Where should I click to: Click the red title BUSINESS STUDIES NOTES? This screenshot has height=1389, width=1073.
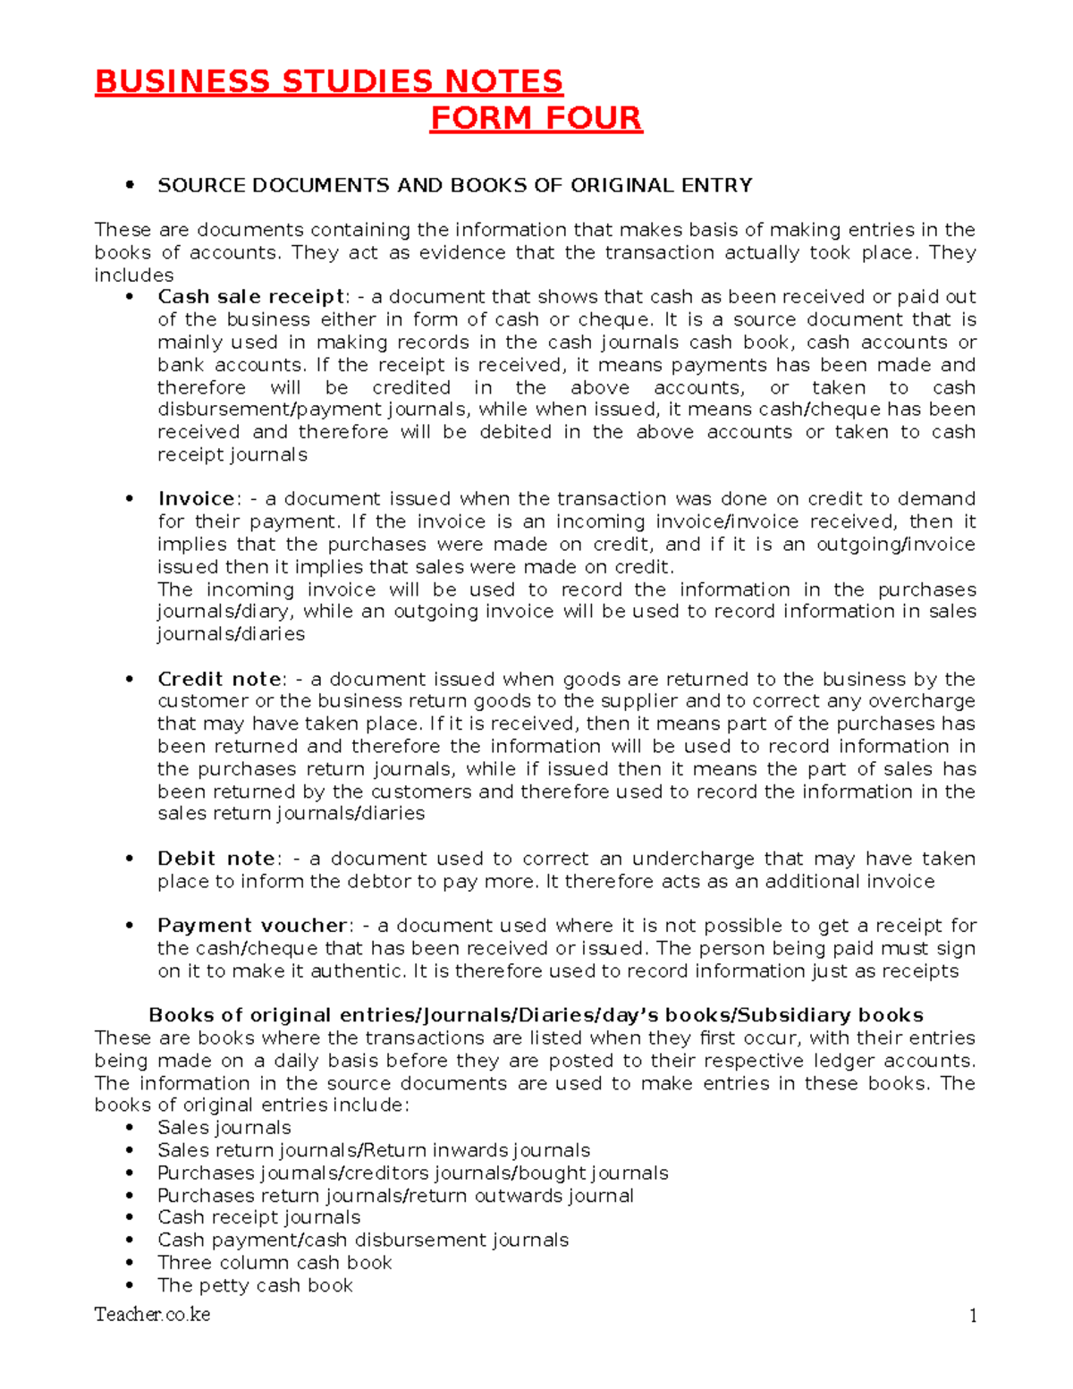328,81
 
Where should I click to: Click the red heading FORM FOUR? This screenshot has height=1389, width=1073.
536,118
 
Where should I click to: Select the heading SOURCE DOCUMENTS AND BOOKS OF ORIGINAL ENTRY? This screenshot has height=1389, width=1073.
454,185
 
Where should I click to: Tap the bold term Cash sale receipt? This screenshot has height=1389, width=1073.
250,297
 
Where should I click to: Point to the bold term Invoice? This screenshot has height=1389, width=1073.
196,499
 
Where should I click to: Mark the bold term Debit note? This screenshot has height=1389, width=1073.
215,859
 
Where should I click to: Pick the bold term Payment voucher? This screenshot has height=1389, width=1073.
251,926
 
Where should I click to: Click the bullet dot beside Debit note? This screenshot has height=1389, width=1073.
131,859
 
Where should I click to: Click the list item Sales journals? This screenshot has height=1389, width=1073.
224,1128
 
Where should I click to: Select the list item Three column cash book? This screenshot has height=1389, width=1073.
275,1263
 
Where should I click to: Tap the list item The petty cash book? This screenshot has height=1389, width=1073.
255,1285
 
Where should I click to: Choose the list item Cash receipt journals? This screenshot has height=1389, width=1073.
258,1217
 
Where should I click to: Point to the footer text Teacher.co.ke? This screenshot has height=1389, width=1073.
152,1315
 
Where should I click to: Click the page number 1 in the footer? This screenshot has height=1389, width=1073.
972,1316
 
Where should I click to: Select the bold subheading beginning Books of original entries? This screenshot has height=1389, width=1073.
536,1015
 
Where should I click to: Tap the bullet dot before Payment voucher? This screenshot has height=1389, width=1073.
131,926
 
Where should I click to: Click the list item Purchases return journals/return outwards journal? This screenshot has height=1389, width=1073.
395,1196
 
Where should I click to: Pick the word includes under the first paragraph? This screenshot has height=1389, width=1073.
134,275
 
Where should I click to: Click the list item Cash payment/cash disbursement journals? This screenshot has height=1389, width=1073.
363,1241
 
